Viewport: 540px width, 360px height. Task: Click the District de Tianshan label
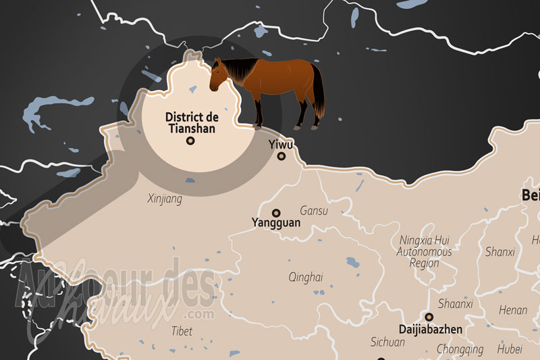(x=191, y=122)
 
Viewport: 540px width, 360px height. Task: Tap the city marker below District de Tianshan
(x=190, y=141)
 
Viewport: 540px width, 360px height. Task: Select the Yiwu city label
(x=281, y=144)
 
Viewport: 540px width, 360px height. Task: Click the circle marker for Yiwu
(x=281, y=157)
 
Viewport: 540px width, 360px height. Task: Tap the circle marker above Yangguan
(x=276, y=212)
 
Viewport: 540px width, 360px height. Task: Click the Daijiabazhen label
(x=429, y=330)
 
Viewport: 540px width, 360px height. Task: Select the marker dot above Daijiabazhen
(x=429, y=316)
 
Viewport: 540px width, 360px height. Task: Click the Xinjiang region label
(x=165, y=199)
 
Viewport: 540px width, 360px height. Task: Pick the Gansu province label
(x=314, y=211)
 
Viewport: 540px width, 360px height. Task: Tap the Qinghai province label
(x=306, y=277)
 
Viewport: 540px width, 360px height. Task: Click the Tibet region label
(x=182, y=331)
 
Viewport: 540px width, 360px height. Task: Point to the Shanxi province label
(x=500, y=252)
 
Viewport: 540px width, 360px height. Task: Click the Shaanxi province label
(x=456, y=304)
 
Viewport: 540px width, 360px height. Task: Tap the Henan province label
(x=513, y=310)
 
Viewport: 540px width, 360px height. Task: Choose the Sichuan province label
(x=387, y=342)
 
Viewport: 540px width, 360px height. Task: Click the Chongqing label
(x=460, y=350)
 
